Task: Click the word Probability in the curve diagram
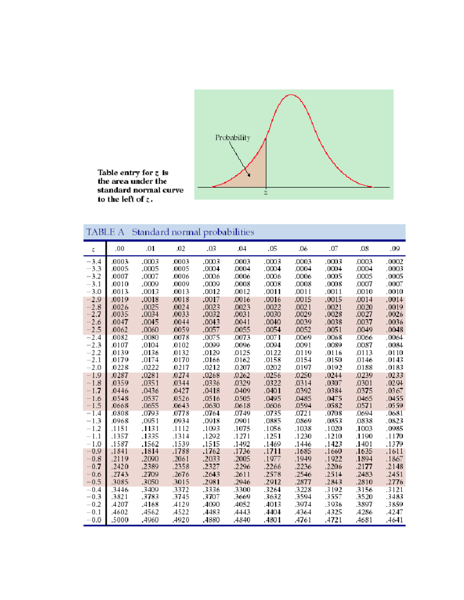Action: click(232, 138)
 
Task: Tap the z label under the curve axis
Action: click(266, 192)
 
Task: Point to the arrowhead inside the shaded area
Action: click(249, 175)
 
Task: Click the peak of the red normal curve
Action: click(291, 95)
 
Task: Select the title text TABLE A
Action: click(105, 232)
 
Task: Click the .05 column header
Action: click(273, 248)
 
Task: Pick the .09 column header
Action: click(394, 248)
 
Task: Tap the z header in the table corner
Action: click(93, 249)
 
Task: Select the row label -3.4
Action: click(94, 262)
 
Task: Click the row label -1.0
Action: click(94, 444)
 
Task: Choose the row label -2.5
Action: click(94, 330)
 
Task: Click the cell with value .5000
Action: click(120, 520)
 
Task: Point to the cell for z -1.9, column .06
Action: click(303, 375)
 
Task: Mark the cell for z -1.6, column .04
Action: click(242, 398)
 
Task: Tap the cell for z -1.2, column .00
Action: click(120, 428)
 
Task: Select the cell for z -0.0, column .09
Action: click(394, 520)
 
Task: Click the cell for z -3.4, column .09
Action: click(394, 262)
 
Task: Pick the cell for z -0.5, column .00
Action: click(120, 482)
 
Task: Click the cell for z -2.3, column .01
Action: click(150, 345)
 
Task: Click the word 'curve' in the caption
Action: click(171, 190)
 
